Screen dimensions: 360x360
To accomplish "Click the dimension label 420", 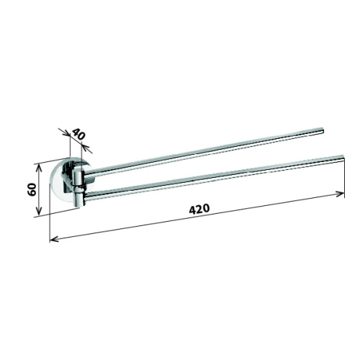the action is [199, 209].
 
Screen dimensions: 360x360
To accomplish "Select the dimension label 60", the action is [32, 189].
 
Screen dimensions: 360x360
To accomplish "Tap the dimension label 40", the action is [78, 134].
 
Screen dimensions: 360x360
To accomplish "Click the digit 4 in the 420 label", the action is [193, 210].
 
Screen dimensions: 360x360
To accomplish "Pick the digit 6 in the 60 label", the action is [32, 192].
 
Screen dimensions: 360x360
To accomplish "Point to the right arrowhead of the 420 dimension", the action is [341, 194].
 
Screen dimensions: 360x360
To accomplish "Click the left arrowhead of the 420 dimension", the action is [53, 239].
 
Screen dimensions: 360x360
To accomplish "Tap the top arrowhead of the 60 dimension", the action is [39, 168].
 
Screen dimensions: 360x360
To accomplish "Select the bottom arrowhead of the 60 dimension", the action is [39, 210].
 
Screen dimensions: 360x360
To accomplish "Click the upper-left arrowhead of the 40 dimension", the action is [66, 133].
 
